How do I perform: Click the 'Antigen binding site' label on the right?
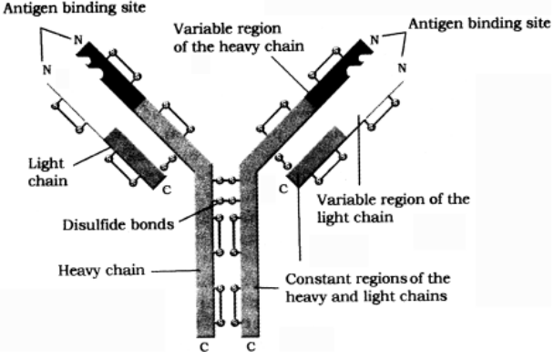click(479, 22)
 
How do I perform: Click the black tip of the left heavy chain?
click(110, 70)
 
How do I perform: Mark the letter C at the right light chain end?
click(283, 189)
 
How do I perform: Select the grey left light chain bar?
click(137, 156)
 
